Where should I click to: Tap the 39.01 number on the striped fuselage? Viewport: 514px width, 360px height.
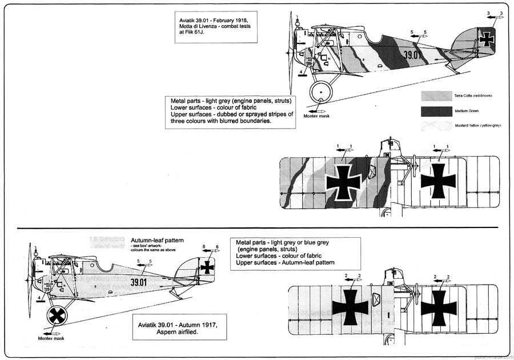coord(412,55)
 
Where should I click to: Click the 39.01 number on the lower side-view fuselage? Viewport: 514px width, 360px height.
coord(138,282)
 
